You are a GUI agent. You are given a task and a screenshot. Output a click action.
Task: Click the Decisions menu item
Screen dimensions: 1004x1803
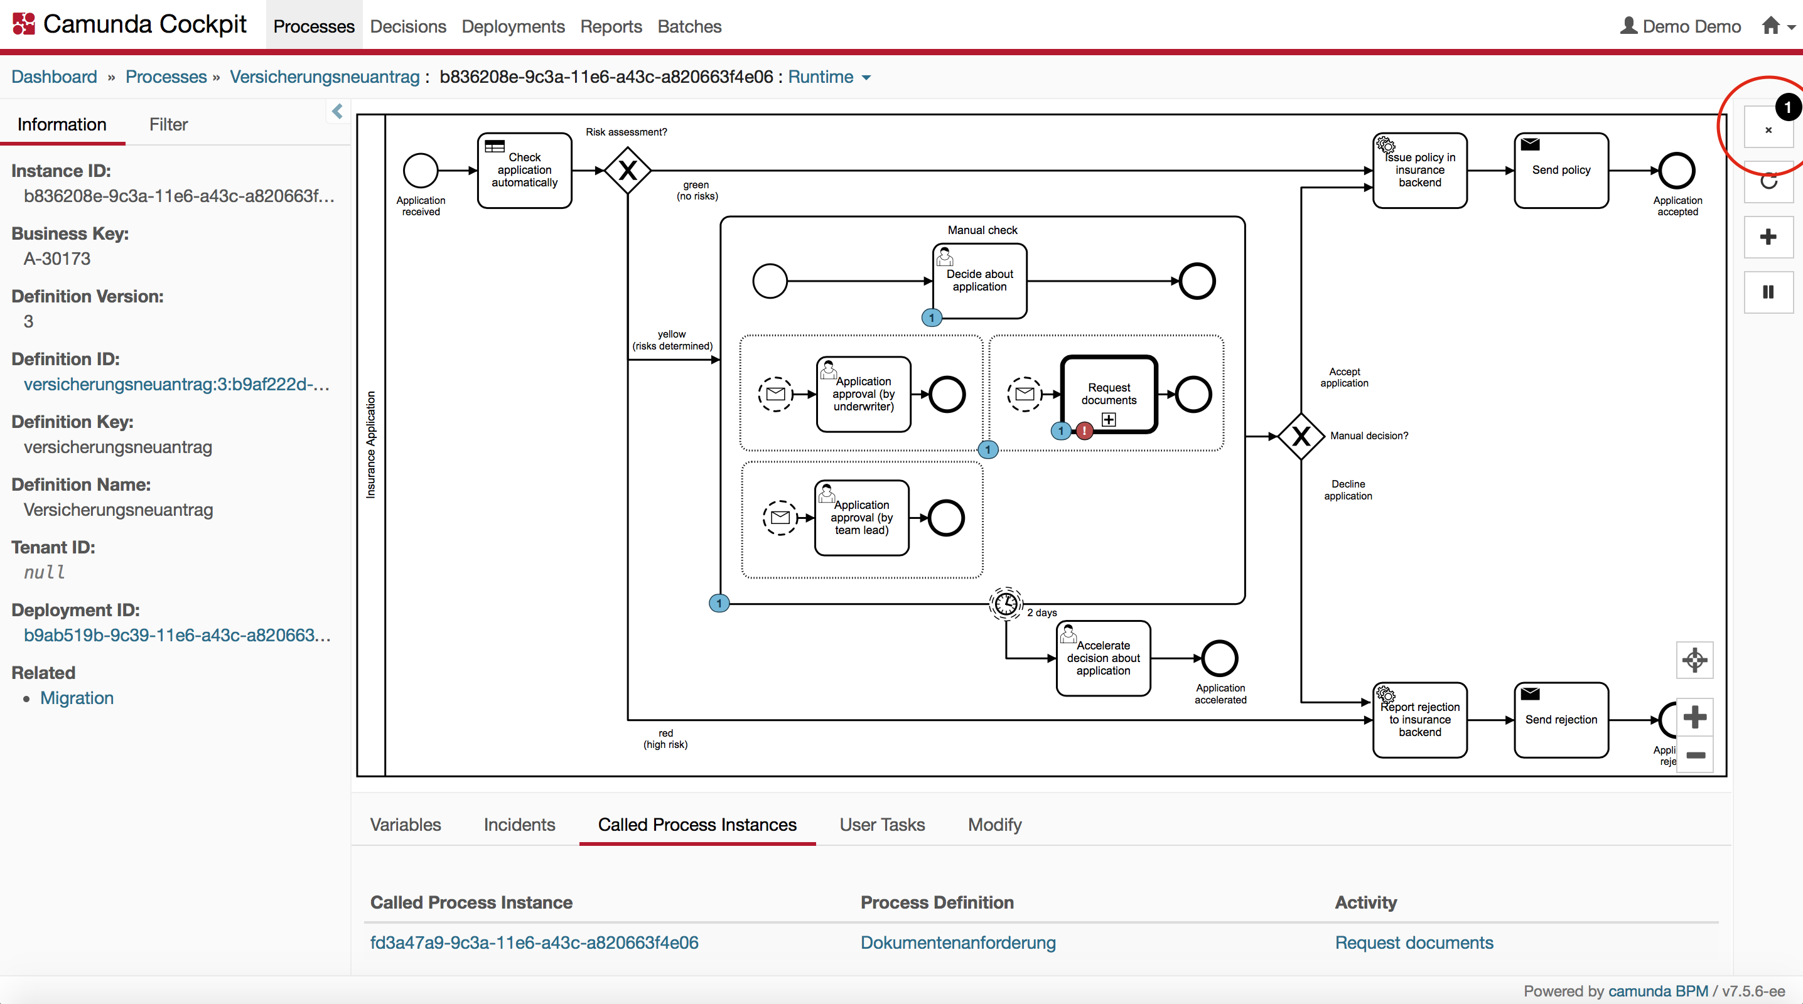click(x=408, y=26)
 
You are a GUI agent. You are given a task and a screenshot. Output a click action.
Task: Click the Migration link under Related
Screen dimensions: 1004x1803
click(x=77, y=698)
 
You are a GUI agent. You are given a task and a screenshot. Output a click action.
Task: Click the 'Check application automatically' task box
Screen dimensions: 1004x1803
click(x=524, y=170)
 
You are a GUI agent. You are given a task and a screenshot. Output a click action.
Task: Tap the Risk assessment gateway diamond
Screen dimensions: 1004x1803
click(x=628, y=170)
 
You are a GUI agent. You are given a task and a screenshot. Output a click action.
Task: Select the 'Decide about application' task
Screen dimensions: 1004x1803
click(x=979, y=280)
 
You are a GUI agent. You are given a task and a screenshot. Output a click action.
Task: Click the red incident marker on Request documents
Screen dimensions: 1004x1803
click(x=1084, y=431)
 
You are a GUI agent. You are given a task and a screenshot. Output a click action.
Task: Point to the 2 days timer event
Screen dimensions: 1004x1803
click(x=1006, y=603)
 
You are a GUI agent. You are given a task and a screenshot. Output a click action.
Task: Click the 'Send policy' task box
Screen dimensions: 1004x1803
click(x=1561, y=170)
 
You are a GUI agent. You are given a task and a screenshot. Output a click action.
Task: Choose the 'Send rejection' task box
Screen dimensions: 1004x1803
click(x=1561, y=719)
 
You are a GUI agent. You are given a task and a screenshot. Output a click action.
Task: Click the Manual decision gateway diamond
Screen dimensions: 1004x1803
click(x=1300, y=436)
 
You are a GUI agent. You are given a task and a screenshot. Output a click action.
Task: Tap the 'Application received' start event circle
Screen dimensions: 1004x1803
click(x=421, y=170)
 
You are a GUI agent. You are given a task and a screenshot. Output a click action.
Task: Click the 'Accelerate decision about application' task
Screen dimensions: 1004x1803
click(x=1103, y=658)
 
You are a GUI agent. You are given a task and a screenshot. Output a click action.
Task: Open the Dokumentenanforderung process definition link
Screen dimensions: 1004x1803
click(x=957, y=942)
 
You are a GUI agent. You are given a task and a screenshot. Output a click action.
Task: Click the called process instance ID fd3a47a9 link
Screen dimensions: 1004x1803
click(x=534, y=942)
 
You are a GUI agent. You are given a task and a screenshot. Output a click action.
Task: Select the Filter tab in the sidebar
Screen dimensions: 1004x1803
click(x=168, y=124)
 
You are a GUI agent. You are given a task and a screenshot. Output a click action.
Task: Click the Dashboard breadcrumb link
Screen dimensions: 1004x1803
click(x=54, y=77)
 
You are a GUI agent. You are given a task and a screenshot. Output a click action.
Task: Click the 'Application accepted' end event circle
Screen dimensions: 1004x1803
click(x=1677, y=170)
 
